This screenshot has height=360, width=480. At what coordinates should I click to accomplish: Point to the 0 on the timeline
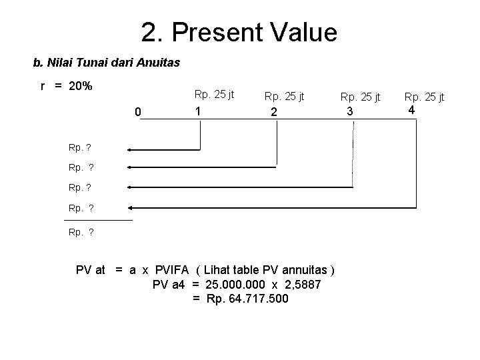(138, 112)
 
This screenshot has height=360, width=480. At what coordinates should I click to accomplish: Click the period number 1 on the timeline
(197, 111)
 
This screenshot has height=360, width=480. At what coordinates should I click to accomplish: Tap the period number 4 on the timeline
(412, 109)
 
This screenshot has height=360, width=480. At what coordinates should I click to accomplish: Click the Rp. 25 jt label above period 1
(214, 95)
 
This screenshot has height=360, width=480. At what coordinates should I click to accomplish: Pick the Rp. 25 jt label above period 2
(285, 97)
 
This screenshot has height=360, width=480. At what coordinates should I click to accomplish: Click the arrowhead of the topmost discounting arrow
(130, 151)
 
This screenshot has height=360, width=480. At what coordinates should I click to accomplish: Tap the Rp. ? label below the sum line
(81, 232)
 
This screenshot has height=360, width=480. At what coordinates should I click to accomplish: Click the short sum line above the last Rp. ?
(98, 219)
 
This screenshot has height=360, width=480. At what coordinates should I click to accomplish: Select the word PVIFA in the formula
(172, 270)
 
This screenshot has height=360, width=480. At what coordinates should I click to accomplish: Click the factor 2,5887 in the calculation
(301, 285)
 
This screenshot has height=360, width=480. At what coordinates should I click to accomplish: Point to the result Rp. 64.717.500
(247, 299)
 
